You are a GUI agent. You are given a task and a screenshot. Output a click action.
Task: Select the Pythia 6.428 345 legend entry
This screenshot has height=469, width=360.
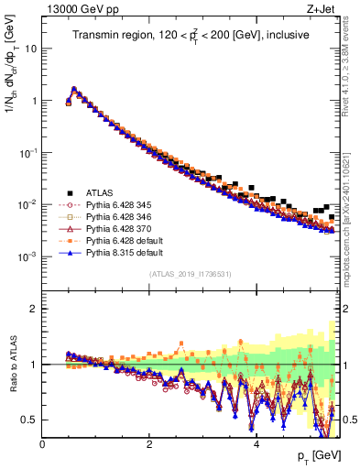pyautogui.click(x=115, y=204)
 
